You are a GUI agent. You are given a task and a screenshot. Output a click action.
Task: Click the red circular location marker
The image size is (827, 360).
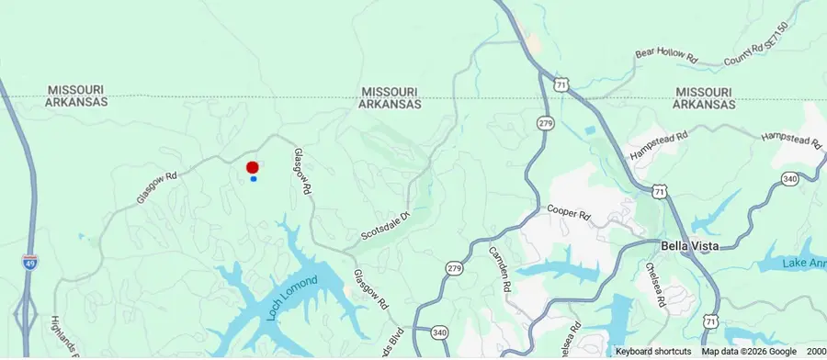click(x=252, y=167)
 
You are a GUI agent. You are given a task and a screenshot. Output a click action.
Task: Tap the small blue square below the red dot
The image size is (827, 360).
click(x=253, y=179)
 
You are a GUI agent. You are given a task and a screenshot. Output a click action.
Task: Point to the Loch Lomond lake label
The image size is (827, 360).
click(x=292, y=298)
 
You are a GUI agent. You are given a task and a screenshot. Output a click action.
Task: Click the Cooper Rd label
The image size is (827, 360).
click(x=567, y=212)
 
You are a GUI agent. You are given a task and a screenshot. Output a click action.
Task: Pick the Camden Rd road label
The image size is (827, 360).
click(x=500, y=269)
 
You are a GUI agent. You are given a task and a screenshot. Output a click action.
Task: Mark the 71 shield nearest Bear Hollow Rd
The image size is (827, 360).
click(x=561, y=84)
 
